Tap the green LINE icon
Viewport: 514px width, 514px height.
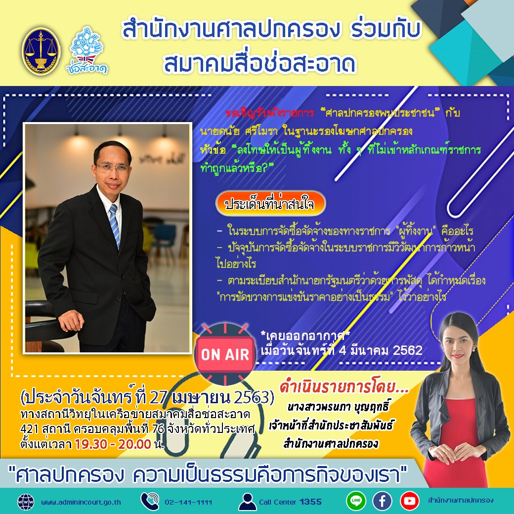356,501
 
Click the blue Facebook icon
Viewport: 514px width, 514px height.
382,501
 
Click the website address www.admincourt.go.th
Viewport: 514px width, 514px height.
81,502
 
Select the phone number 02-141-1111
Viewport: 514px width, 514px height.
188,502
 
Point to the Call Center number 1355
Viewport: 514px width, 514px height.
310,502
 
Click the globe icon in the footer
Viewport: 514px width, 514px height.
25,502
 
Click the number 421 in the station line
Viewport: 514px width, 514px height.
31,428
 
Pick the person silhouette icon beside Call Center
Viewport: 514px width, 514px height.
247,502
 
